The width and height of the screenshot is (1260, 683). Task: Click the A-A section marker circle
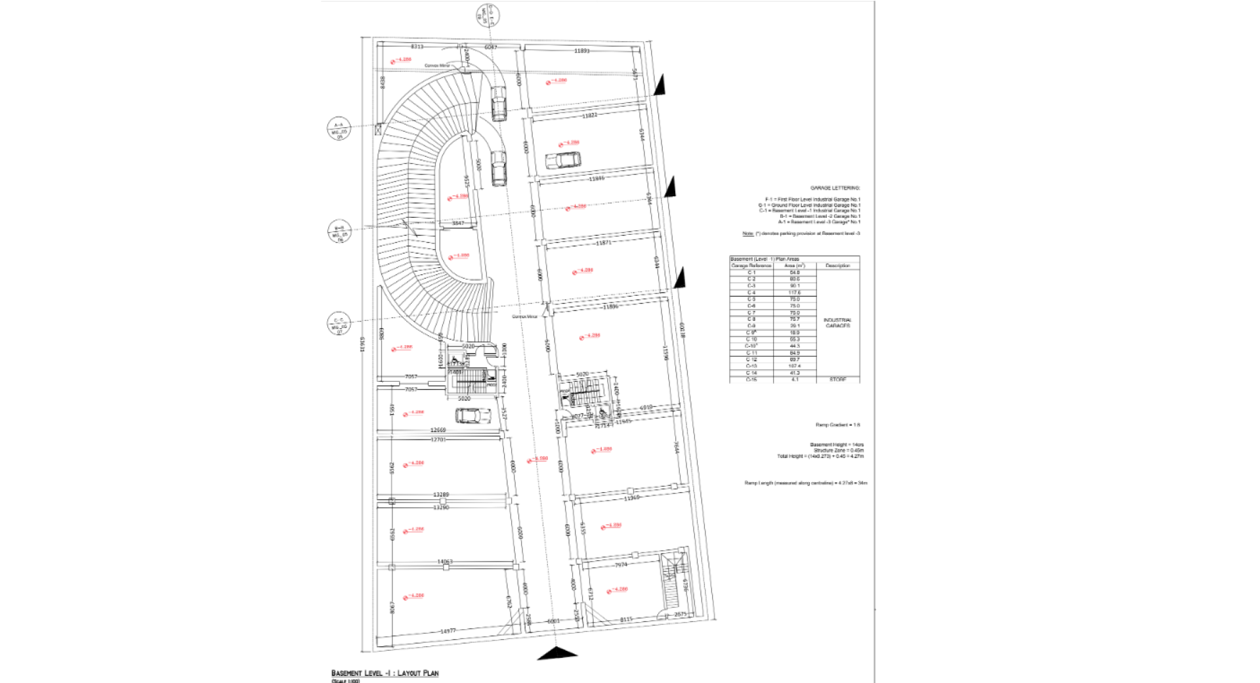coord(339,129)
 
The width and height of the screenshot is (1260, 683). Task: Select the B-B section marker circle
coord(339,232)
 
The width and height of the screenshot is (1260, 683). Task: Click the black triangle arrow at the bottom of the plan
coord(557,653)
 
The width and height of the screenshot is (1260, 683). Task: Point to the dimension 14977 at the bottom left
coord(448,631)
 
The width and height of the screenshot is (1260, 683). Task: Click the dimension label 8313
coord(417,47)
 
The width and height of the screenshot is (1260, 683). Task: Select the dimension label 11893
coord(582,51)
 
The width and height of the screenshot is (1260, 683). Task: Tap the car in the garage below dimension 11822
coord(563,160)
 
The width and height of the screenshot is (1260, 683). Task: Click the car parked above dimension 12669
coord(472,415)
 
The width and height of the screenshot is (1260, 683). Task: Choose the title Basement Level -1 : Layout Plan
coord(385,673)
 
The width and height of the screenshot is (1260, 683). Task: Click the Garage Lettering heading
coord(835,188)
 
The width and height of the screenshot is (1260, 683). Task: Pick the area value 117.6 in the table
coord(795,293)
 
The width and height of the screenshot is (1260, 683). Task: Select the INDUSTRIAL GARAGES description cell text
coord(837,323)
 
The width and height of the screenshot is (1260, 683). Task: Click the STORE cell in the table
coord(837,379)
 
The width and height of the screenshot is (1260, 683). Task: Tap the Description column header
coord(837,266)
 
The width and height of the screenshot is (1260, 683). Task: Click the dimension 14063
coord(444,562)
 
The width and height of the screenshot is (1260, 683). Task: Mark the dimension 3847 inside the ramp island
coord(457,224)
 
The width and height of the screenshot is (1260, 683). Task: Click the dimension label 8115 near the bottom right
coord(627,619)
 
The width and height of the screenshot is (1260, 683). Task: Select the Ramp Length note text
coord(805,483)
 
